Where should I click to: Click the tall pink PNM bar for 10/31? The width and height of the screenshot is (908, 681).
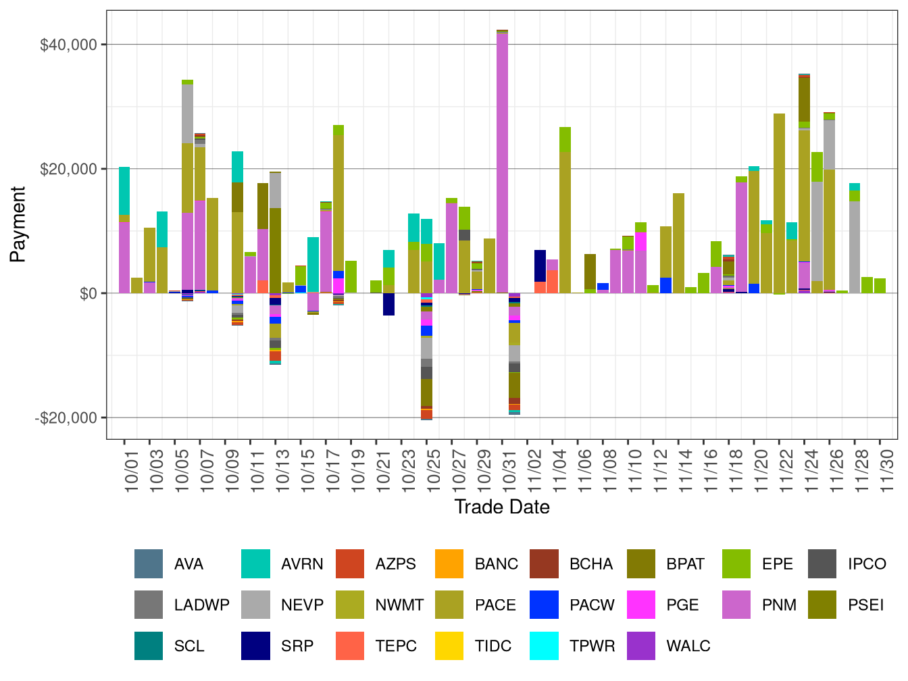point(502,162)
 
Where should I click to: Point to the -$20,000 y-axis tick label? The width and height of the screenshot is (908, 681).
point(66,418)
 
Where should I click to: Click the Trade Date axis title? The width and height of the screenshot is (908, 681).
point(501,507)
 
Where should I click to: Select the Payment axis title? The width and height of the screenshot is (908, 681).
point(18,224)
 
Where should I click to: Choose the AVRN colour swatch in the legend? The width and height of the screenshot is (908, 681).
point(255,564)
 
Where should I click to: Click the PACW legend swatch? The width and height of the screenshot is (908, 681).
point(545,605)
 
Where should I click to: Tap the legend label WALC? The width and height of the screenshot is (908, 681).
point(688,646)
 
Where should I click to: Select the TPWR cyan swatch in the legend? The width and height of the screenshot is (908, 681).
point(545,646)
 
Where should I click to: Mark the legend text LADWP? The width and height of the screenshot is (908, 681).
point(201,605)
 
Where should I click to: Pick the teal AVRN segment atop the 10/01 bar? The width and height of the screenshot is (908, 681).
point(124,191)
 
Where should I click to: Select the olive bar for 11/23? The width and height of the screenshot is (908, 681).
point(779,203)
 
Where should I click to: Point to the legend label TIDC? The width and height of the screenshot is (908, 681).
point(493,646)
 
